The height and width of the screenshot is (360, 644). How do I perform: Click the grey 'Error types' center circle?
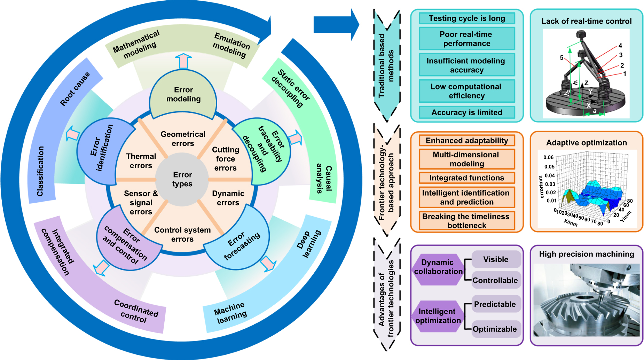point(182,179)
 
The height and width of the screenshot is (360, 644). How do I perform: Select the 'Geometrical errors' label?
point(183,139)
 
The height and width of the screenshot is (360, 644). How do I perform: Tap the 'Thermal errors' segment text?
point(141,161)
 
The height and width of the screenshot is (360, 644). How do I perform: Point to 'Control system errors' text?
point(182,234)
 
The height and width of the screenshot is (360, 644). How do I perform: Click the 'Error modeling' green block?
point(183,94)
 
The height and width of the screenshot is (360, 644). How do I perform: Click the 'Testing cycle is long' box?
point(467,18)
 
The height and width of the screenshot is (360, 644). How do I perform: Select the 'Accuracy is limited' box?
point(467,112)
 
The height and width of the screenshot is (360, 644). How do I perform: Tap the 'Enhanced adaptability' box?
point(467,141)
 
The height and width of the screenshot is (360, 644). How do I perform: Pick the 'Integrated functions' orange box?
point(467,178)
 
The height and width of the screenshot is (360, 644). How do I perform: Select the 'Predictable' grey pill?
point(495,304)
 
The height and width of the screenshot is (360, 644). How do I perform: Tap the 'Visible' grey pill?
point(496,259)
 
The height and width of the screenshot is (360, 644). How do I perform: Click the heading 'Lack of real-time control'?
point(586,21)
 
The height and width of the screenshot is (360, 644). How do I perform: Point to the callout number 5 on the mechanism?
point(561,57)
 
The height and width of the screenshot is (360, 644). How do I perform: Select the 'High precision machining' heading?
point(586,254)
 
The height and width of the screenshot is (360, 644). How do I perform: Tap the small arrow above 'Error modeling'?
point(183,61)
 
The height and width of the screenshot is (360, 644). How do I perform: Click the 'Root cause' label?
point(75,89)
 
